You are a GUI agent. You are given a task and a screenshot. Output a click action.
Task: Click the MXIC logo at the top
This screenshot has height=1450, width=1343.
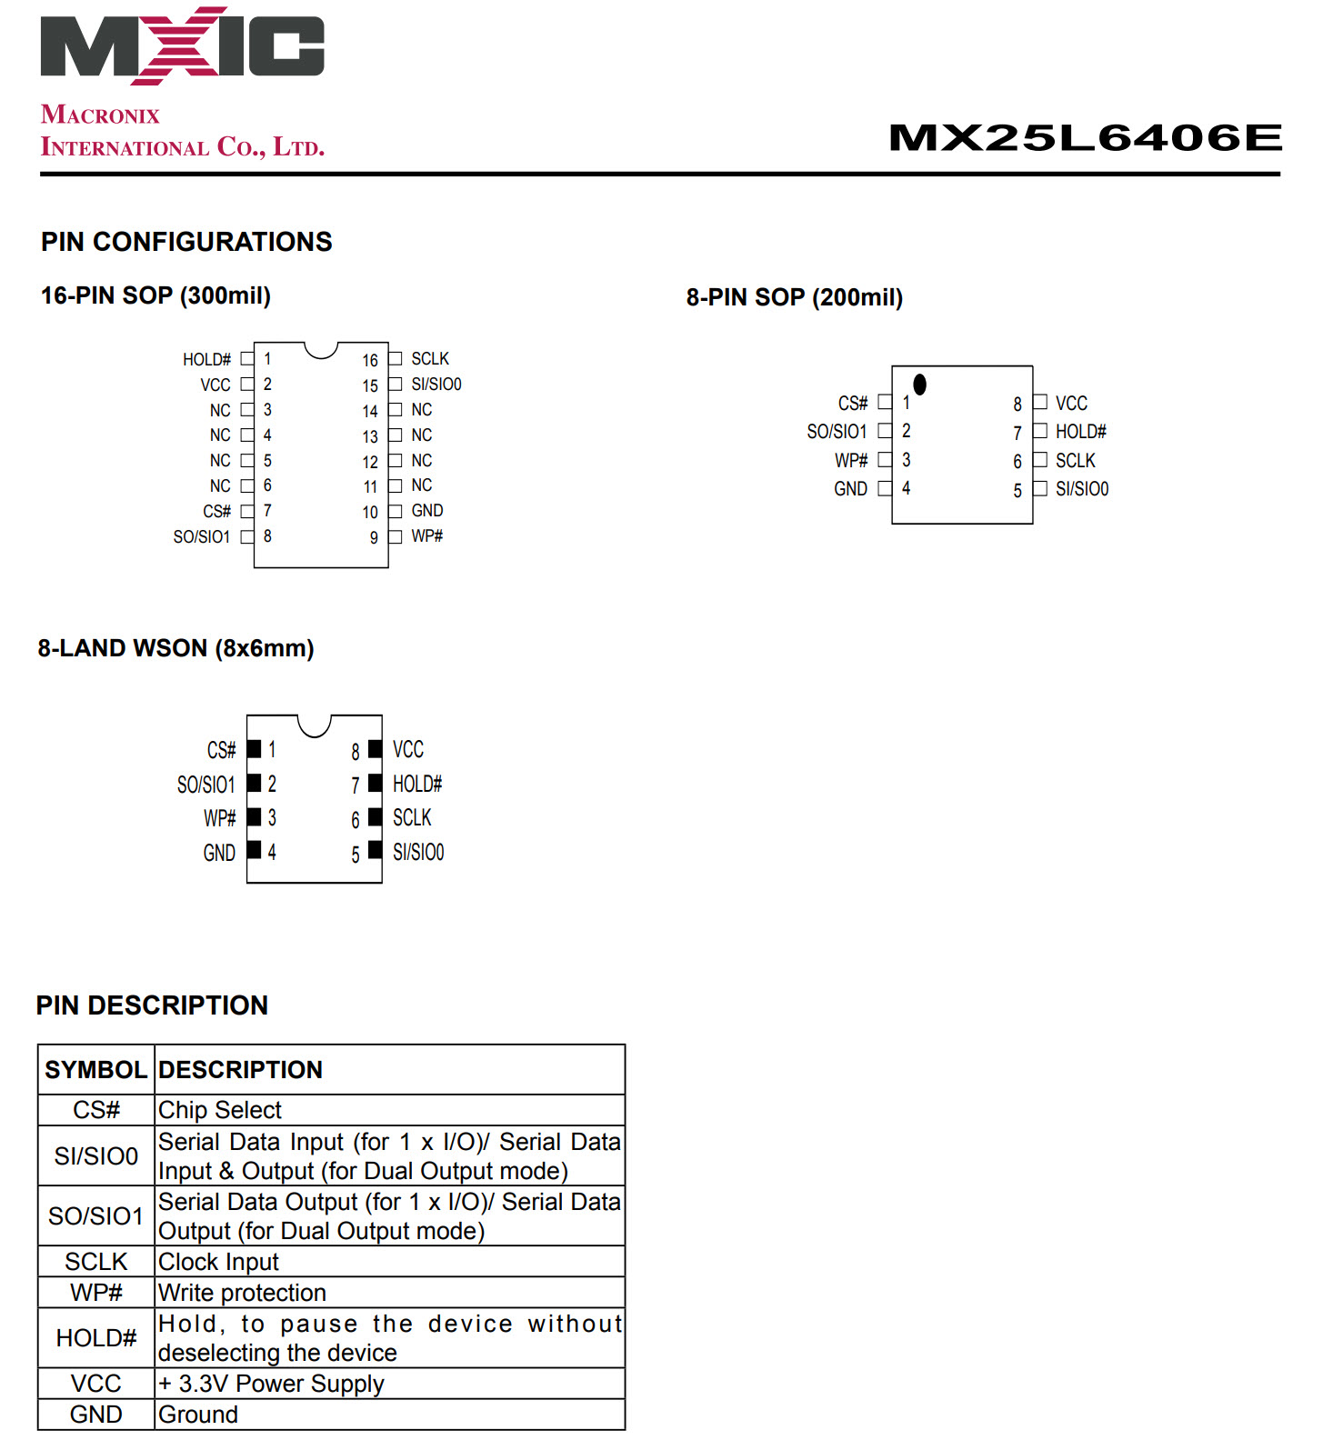[x=182, y=45]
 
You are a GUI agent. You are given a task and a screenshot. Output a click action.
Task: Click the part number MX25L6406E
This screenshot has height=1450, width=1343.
[x=1085, y=138]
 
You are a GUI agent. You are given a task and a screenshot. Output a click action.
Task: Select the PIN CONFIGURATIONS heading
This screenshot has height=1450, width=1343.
[x=186, y=242]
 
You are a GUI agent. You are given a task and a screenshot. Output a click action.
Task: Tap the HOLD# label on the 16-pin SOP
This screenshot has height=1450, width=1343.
[x=206, y=360]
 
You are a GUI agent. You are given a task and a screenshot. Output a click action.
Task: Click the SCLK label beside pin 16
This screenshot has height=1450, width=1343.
[x=430, y=359]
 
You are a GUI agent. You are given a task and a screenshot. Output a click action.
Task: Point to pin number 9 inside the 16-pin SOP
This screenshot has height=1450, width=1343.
[x=374, y=537]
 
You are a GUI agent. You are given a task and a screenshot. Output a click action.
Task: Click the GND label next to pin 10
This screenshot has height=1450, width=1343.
[x=426, y=511]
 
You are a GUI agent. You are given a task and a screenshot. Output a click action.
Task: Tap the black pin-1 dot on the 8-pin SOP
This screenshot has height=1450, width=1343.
[x=919, y=385]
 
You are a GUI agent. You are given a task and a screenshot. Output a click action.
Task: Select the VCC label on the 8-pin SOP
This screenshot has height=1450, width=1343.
[x=1071, y=403]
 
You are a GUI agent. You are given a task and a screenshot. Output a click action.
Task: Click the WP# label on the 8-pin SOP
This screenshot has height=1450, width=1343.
[x=851, y=460]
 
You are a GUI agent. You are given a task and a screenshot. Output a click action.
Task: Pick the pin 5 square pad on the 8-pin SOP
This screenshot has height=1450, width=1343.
[x=1040, y=489]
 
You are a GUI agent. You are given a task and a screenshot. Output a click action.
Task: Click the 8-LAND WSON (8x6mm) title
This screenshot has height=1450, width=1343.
[x=175, y=648]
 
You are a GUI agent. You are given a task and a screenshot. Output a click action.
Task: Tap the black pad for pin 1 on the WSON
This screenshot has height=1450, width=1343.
[x=255, y=749]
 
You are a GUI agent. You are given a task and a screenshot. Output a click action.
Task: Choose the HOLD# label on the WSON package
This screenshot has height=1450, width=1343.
[x=417, y=784]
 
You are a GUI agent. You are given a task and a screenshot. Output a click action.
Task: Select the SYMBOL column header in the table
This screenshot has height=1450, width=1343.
[x=95, y=1070]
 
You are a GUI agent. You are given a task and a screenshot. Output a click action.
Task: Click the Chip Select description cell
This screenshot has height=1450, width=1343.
[x=220, y=1110]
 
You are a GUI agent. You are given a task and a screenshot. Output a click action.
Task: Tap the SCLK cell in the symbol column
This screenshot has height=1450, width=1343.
[x=95, y=1262]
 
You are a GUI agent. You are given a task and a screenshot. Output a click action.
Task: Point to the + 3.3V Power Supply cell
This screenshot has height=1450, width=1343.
[x=271, y=1384]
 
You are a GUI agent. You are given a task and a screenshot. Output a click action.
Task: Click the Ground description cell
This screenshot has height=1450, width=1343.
[x=198, y=1415]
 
